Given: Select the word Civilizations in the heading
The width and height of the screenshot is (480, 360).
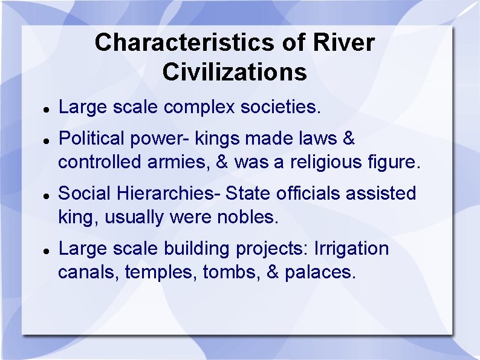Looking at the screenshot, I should [235, 73].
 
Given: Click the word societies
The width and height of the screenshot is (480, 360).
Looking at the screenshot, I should [281, 108].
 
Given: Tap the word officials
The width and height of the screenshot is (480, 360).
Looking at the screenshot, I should [307, 194].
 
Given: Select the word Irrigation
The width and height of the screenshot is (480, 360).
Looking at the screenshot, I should [351, 249].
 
